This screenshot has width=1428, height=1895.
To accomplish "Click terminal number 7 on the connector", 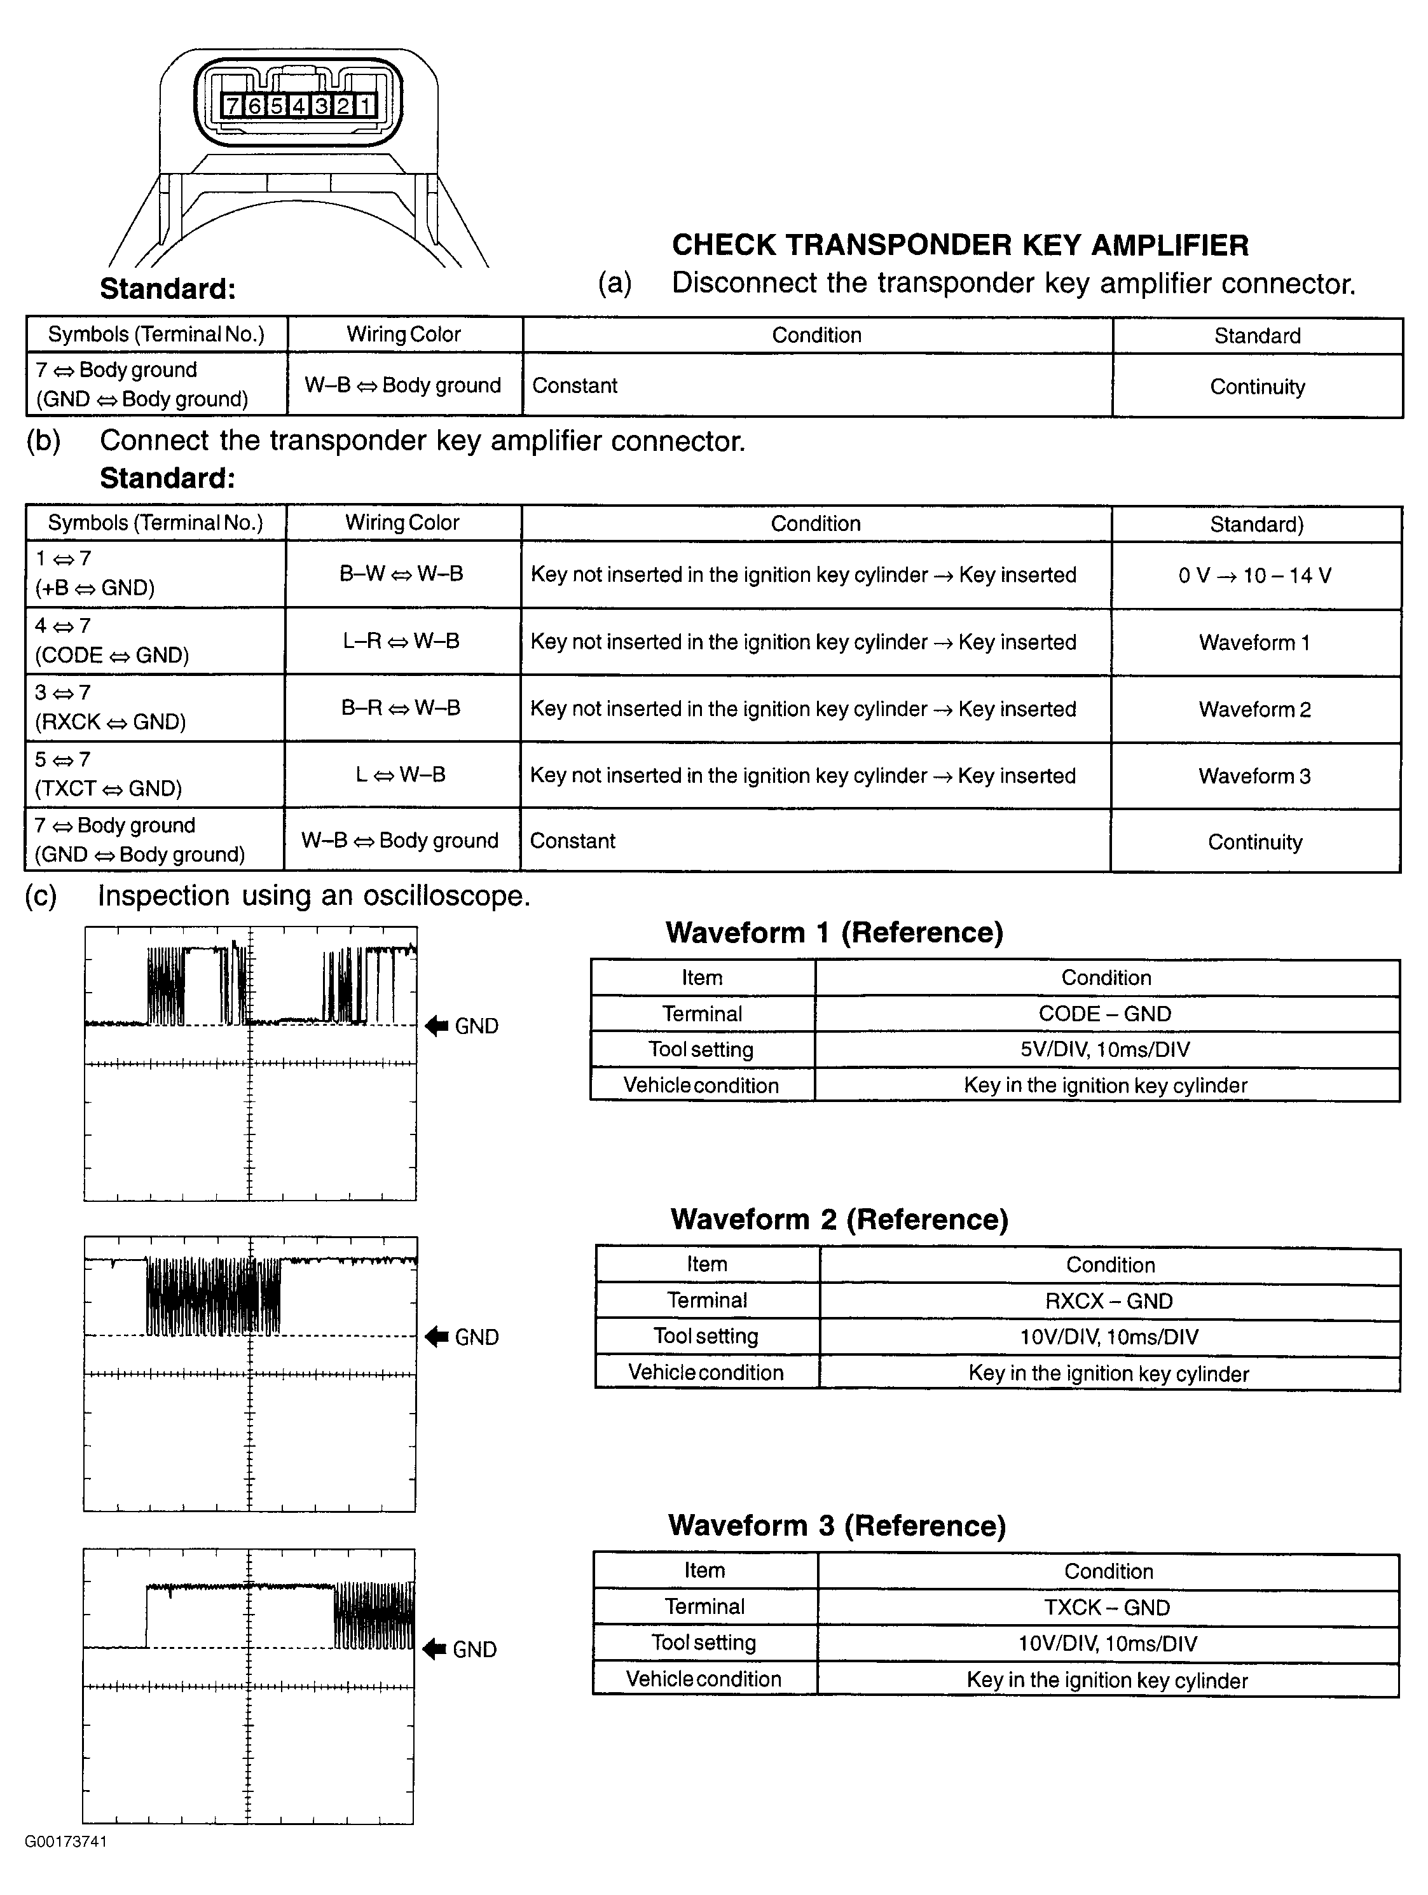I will [x=232, y=106].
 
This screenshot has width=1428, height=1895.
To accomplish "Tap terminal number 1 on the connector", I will [x=365, y=106].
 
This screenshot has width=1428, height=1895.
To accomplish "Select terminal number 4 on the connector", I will [x=298, y=106].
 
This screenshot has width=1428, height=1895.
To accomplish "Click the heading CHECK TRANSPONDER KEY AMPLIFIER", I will [x=959, y=245].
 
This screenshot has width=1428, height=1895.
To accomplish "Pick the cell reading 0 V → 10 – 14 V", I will [x=1255, y=575].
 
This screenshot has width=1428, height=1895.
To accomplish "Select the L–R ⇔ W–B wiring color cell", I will [x=402, y=641].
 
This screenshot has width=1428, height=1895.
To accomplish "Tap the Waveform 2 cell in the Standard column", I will [x=1255, y=709].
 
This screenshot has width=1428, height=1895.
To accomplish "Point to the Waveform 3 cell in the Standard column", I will [x=1255, y=776].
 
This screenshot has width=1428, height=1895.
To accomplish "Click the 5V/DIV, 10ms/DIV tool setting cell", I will [x=1106, y=1049].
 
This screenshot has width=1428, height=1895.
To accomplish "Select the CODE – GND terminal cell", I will [x=1105, y=1014].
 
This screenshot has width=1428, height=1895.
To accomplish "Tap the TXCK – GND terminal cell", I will [x=1107, y=1607].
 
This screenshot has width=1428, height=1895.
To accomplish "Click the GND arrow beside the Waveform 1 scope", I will [x=437, y=1026].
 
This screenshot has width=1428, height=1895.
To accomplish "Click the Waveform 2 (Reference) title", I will [x=839, y=1219].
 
